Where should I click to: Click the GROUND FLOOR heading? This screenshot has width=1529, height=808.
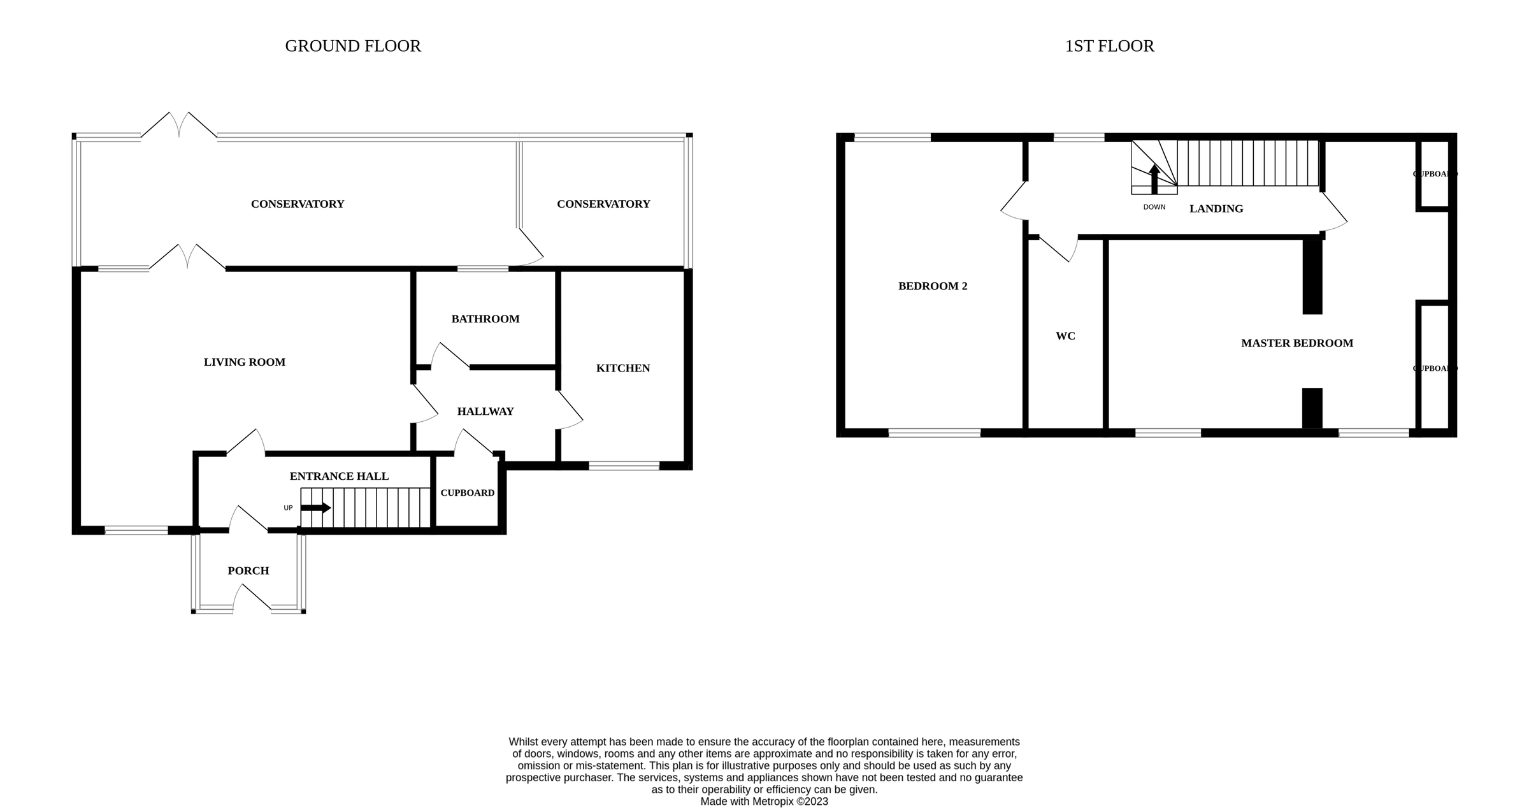coord(352,47)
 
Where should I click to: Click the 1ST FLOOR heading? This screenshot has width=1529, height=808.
coord(1109,47)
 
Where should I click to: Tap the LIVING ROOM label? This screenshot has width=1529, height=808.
coord(244,362)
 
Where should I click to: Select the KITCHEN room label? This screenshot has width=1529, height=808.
coord(622,368)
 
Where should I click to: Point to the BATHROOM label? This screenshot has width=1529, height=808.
coord(485,319)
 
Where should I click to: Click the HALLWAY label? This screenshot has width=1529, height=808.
coord(485,412)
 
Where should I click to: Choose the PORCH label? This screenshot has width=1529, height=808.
coord(248,571)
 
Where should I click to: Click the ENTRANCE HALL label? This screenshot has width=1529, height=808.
coord(339,476)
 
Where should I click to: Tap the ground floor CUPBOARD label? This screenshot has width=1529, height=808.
coord(467,493)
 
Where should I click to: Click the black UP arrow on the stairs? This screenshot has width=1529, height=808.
coord(315,508)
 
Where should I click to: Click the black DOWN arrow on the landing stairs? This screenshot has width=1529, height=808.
coord(1154,179)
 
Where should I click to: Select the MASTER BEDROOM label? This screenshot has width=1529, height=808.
coord(1296,343)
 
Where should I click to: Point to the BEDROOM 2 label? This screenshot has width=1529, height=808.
coord(932,286)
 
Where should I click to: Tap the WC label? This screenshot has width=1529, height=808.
coord(1065,336)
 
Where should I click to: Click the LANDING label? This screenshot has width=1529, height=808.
coord(1216,208)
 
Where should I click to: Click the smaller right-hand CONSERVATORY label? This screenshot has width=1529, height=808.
coord(603,204)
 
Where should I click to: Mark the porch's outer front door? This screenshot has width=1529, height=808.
coord(252,600)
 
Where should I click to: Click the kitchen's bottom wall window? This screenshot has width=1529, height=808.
coord(623,466)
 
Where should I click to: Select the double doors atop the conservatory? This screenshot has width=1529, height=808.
coord(178,126)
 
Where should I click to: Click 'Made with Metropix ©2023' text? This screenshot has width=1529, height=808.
coord(764,801)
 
